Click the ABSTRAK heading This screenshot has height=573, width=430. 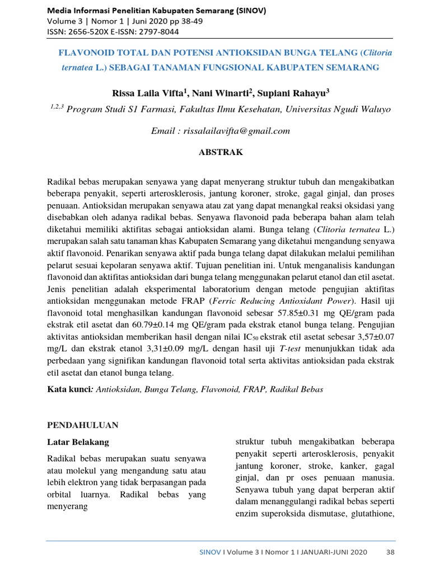coord(221,152)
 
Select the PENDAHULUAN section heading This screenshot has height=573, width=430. coord(82,425)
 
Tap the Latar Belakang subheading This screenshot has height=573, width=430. coord(78,442)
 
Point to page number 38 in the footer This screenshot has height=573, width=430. coord(390,552)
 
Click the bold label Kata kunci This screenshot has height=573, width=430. coord(69,388)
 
